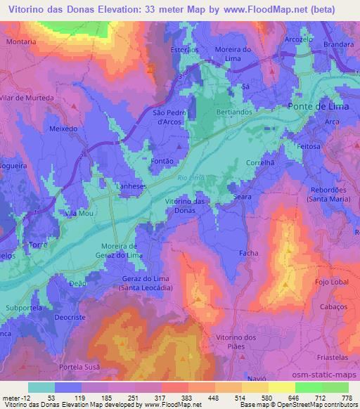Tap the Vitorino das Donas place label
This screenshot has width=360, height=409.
tap(189, 207)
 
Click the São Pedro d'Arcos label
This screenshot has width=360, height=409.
tap(169, 116)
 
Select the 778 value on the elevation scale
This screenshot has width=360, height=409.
tap(346, 397)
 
